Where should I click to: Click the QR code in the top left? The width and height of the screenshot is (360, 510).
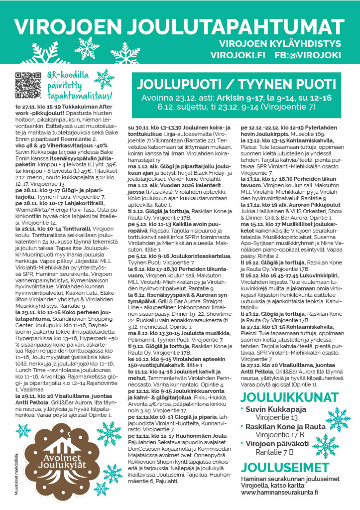27,85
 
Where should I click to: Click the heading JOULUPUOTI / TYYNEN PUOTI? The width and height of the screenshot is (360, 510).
237,83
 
